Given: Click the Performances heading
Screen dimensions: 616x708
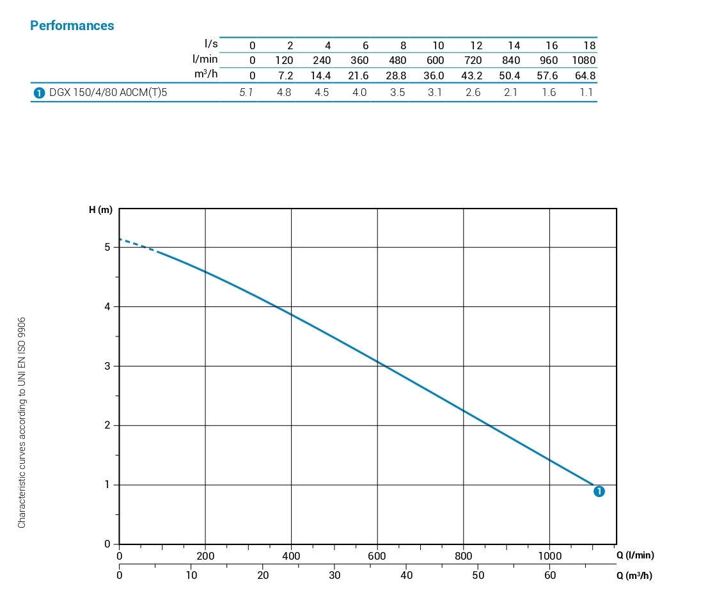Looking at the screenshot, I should pos(72,26).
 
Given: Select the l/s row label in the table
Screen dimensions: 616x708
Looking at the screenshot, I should pos(210,44).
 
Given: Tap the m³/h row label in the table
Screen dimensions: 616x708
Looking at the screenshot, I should pos(206,75).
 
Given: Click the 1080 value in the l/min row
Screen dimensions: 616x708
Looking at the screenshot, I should pos(584,60).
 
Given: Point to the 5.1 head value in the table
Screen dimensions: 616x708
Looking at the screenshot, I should pos(246,92).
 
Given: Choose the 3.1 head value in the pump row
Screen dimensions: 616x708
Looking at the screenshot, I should pos(435,92).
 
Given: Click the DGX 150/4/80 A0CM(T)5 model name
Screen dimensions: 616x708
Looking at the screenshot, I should pos(112,92).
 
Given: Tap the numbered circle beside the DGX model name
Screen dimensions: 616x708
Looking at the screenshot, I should pos(38,93).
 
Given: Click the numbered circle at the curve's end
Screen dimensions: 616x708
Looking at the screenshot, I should pos(599,491).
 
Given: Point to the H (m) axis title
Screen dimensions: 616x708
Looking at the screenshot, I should pos(100,210).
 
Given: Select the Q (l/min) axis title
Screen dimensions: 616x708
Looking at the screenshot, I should pos(635,555).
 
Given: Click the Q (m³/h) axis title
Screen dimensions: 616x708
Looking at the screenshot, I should pos(634,575).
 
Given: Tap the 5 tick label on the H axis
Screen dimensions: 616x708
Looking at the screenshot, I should pos(108,247).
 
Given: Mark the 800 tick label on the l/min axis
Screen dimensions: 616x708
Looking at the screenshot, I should pos(463,557).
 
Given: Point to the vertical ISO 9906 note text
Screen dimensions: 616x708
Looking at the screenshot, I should pos(22,422).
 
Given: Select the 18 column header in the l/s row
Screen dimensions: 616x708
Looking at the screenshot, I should pos(590,45).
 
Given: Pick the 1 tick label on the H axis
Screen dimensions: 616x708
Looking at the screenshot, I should pos(108,485).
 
